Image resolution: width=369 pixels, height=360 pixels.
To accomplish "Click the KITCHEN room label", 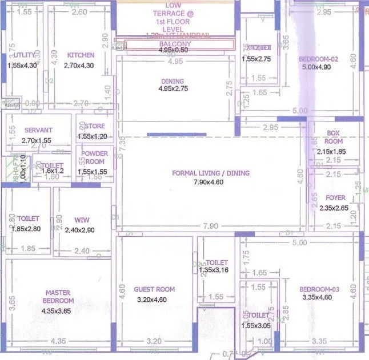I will coord(81,55).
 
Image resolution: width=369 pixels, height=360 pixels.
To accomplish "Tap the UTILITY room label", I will coord(22,55).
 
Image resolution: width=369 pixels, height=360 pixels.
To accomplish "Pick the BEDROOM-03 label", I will coord(319,289).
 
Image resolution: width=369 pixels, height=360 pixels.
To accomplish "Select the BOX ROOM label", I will coord(334,137).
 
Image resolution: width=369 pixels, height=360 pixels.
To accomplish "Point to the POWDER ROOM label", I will coord(94,157).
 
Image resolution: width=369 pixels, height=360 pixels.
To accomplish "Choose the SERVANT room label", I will coord(38,130).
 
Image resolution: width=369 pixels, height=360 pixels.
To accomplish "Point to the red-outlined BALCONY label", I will coord(175,44).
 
